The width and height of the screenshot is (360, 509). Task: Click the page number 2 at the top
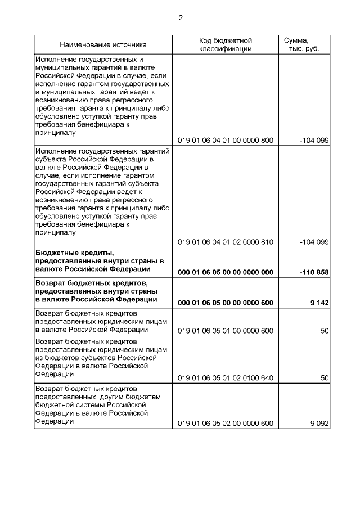point(181,17)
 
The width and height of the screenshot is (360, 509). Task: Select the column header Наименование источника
point(103,44)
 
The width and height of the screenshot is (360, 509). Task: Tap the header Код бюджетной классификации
point(225,44)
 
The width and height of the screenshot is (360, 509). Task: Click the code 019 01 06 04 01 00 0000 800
point(225,141)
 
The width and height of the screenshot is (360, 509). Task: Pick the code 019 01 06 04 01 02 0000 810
point(225,242)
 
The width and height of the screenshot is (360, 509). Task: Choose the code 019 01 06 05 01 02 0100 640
point(225,378)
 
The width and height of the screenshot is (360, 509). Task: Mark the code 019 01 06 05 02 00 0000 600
point(225,424)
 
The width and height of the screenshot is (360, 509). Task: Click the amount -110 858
point(314,272)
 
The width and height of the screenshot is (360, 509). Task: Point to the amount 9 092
point(319,424)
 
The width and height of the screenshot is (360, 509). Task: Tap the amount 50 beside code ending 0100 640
point(324,378)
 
